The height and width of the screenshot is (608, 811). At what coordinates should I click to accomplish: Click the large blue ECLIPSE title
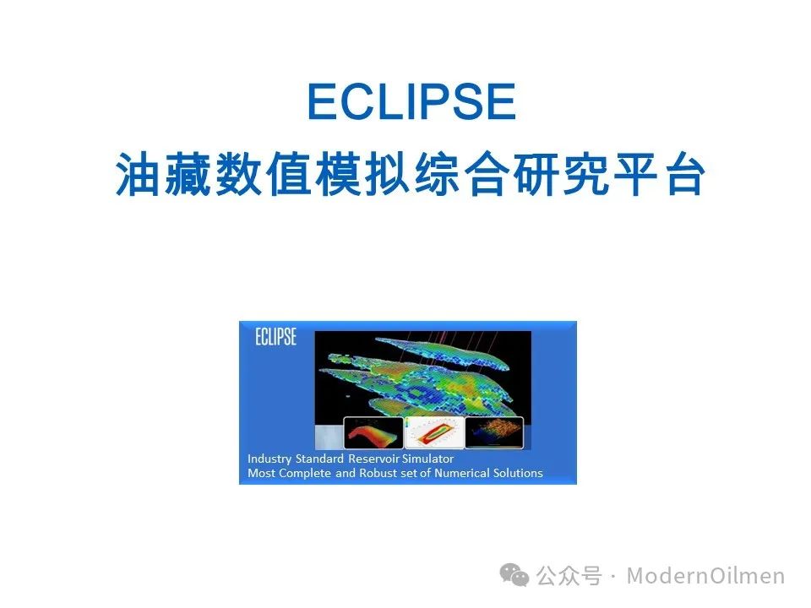click(411, 101)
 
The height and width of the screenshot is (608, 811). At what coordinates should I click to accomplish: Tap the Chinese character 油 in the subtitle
click(137, 174)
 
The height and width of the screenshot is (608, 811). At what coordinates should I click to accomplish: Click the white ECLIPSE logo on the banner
click(275, 337)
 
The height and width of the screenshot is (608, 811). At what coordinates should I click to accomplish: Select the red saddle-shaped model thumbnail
click(373, 432)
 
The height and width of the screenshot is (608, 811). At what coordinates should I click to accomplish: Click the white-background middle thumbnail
click(434, 432)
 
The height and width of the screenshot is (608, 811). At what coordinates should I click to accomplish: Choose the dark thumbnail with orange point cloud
click(494, 432)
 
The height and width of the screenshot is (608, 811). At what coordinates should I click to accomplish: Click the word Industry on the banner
click(269, 459)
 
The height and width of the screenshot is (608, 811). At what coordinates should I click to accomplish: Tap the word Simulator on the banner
click(427, 459)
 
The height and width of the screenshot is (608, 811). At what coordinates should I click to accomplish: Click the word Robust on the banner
click(378, 473)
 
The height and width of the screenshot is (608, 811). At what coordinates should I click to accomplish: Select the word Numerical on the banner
click(462, 473)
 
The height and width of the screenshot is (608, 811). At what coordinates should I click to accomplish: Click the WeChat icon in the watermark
click(514, 575)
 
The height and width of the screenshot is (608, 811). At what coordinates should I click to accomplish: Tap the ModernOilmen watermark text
click(705, 575)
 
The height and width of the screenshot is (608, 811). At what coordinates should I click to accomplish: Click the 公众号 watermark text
click(569, 575)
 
